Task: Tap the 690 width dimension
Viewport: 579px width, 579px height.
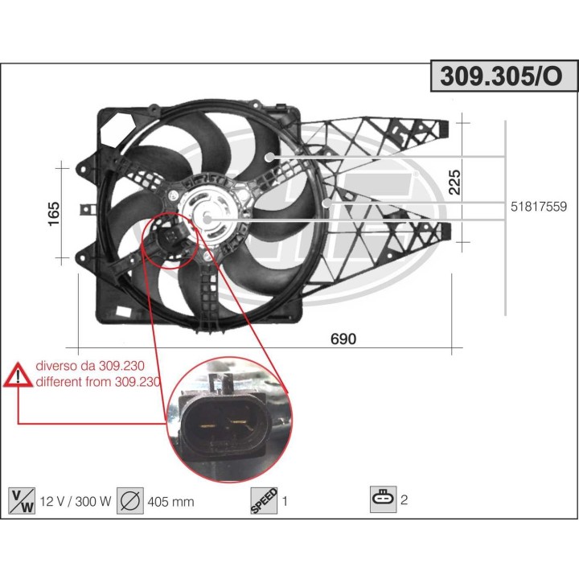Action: [x=343, y=339]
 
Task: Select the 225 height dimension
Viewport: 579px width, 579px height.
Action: [x=454, y=183]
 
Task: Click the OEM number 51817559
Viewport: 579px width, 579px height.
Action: [x=539, y=207]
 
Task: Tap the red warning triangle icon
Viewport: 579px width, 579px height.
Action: [x=18, y=376]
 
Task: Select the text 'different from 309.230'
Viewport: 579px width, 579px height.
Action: [x=98, y=382]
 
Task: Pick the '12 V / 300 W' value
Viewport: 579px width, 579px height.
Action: [x=73, y=501]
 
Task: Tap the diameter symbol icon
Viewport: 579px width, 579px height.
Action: [x=129, y=500]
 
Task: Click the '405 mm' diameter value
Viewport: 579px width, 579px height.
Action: [x=170, y=501]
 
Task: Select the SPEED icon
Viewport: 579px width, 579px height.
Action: [x=264, y=500]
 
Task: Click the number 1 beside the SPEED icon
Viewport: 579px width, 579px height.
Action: [x=285, y=501]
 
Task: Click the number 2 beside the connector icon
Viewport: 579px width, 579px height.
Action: [x=404, y=500]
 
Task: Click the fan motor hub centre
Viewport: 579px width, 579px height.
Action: [x=207, y=216]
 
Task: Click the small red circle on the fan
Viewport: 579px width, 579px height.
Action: [x=169, y=239]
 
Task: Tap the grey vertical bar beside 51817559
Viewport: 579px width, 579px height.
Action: [x=505, y=217]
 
